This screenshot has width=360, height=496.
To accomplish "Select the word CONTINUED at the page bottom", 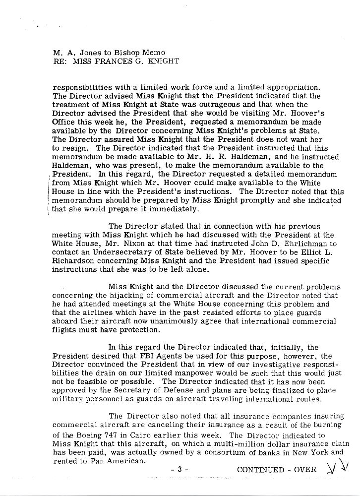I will [x=260, y=469].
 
